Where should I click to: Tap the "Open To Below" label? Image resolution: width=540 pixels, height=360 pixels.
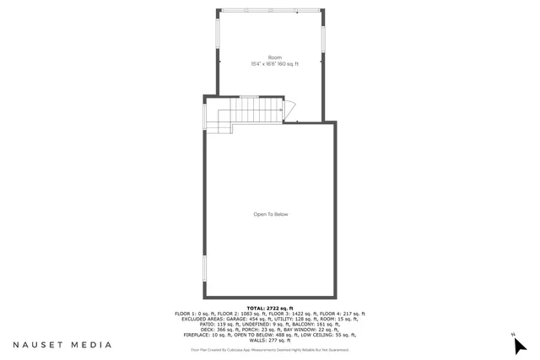[271, 214]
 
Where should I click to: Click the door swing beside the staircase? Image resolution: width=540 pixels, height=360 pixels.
[289, 110]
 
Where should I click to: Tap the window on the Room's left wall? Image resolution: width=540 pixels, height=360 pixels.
[219, 39]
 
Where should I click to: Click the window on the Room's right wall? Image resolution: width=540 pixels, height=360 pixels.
[325, 39]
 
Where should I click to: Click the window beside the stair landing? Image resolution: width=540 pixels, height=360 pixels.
[203, 118]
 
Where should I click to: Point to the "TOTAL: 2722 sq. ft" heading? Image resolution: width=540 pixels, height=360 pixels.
[270, 309]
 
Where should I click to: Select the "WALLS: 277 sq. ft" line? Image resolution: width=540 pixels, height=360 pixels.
[270, 340]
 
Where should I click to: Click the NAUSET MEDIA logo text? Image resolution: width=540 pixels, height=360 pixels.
[62, 345]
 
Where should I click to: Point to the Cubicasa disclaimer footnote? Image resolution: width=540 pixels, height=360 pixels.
[270, 349]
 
